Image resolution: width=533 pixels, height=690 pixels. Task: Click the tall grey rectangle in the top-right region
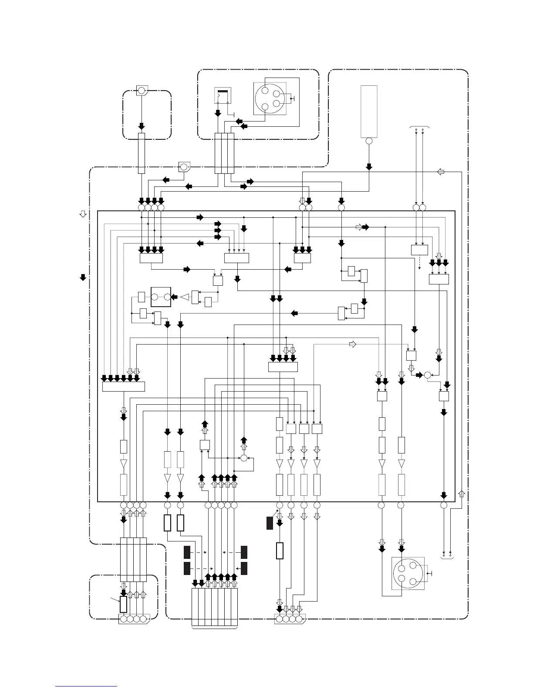coord(369,112)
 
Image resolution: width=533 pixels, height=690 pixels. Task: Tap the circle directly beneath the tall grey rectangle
coord(369,141)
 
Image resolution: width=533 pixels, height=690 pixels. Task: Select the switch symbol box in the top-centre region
coord(223,95)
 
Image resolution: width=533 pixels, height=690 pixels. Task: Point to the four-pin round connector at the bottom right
coord(408,573)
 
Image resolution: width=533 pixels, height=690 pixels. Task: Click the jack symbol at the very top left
coord(142,91)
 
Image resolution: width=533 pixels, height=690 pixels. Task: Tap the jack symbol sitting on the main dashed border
coord(184,167)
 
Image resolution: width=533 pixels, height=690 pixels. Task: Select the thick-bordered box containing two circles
coord(161,297)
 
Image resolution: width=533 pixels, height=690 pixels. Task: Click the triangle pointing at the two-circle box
coord(186,297)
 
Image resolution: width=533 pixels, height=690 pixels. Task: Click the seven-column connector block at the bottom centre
coord(215,607)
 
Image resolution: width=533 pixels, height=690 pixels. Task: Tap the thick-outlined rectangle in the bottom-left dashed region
coord(124,605)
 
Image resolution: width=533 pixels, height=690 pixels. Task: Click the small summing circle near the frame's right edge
coord(427,375)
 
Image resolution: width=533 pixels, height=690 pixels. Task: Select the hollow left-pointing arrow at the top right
coord(441,172)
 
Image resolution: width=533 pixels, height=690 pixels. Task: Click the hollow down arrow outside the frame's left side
coord(83,214)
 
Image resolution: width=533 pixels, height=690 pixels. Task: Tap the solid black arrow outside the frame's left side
coord(83,277)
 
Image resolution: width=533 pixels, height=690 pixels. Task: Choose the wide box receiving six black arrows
coord(123,386)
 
